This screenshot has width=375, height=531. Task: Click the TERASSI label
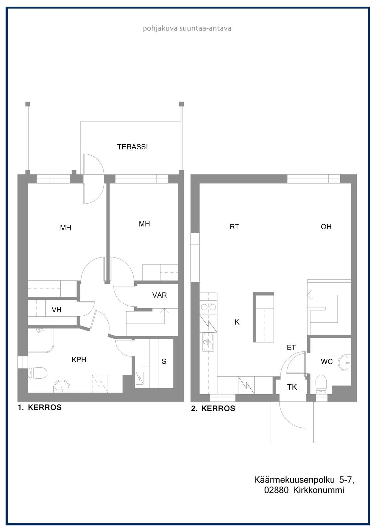point(132,147)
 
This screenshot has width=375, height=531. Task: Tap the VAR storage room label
point(159,295)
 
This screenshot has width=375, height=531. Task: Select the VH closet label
point(57,310)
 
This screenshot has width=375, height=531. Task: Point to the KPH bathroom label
point(79,360)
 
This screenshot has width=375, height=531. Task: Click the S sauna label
point(164,361)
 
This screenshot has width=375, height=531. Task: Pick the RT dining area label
point(234,227)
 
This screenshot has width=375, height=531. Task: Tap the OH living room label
point(326,227)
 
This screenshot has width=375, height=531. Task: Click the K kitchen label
point(237,322)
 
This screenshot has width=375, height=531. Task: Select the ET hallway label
point(291,347)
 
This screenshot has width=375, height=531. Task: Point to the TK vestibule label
point(292,387)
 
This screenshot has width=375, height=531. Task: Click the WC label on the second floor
point(327,361)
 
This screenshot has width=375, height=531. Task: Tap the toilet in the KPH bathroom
point(37,373)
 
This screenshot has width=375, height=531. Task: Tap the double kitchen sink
point(208,342)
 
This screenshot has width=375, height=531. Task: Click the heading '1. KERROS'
point(40,407)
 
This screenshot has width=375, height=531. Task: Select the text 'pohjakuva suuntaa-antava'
point(187,29)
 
